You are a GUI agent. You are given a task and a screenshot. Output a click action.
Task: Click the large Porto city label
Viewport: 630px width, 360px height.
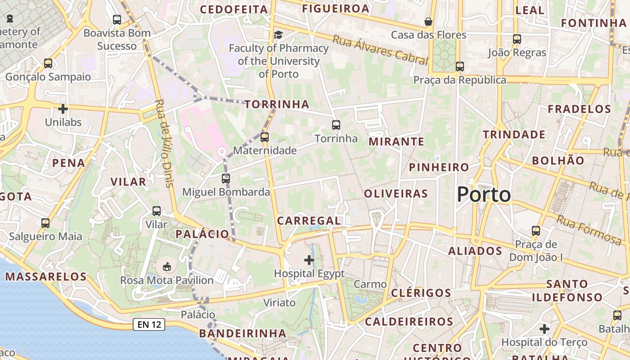point(484,195)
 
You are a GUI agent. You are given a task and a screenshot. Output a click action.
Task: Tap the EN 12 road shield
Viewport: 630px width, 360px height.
point(149,324)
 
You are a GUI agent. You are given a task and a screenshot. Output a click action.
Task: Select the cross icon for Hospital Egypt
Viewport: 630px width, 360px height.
point(309,260)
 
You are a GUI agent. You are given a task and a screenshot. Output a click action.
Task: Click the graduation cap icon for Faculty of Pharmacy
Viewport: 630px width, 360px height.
point(279,35)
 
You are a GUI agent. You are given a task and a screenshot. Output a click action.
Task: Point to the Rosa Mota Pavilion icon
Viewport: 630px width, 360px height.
point(167,267)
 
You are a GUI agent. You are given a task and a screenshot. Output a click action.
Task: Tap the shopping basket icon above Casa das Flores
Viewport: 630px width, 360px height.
point(428,22)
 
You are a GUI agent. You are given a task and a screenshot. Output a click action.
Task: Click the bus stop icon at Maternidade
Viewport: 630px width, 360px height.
point(265,137)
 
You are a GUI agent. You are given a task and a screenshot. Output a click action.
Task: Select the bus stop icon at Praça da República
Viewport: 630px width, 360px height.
point(459,67)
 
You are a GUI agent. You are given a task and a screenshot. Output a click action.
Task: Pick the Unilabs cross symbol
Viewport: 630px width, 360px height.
point(63,108)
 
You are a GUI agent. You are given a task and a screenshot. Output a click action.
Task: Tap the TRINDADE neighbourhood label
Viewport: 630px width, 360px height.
point(514,135)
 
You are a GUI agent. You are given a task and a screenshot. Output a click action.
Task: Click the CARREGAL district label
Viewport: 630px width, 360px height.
point(309,220)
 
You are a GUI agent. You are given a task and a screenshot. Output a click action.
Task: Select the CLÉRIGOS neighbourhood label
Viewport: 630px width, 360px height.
point(421,293)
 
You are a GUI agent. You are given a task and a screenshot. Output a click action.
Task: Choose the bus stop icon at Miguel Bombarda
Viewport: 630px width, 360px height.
point(226,179)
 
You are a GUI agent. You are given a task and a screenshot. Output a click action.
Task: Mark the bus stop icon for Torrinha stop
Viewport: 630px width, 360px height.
point(336,125)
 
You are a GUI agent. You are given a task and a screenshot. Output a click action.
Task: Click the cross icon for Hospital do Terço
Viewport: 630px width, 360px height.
point(544,329)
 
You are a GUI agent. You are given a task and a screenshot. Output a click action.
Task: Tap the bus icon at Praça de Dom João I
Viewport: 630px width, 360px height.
point(535,231)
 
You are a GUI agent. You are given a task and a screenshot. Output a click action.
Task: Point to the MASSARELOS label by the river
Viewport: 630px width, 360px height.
point(45,277)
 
